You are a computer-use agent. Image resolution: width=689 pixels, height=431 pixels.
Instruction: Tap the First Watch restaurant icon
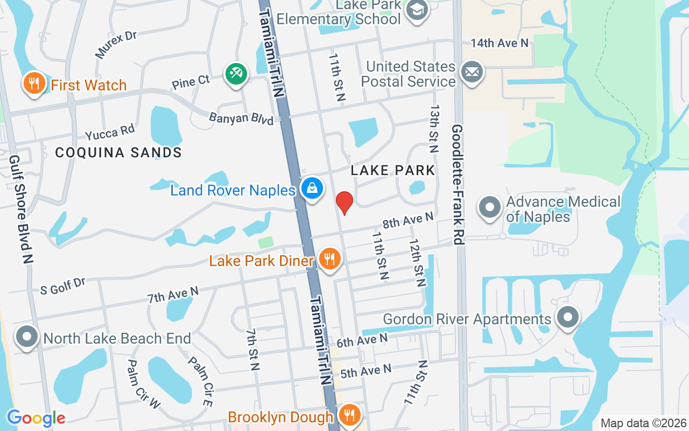[x=34, y=84]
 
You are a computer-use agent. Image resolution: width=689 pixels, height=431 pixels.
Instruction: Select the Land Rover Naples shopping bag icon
[x=312, y=189]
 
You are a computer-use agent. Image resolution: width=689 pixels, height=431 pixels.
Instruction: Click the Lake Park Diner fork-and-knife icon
[x=329, y=260]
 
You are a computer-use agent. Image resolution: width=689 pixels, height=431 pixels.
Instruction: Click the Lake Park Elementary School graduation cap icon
[x=417, y=9]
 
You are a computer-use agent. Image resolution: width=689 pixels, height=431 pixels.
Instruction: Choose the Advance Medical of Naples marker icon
[x=490, y=207]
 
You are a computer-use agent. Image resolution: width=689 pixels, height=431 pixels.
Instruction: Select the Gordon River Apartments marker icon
[x=567, y=317]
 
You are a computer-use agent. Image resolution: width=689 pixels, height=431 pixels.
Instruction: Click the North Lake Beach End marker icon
[x=27, y=337]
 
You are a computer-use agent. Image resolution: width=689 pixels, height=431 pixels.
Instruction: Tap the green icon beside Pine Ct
[x=236, y=73]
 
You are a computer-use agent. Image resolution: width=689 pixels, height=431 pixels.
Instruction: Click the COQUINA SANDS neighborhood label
[x=118, y=152]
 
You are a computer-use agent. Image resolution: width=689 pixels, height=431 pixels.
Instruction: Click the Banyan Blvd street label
[x=241, y=118]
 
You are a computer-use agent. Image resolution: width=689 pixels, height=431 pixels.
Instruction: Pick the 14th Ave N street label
[x=500, y=43]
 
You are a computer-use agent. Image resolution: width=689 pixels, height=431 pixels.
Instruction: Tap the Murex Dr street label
[x=116, y=44]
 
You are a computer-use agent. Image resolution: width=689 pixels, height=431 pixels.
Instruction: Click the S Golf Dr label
[x=63, y=286]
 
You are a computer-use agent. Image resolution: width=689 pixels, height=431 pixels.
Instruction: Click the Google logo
[x=36, y=418]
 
